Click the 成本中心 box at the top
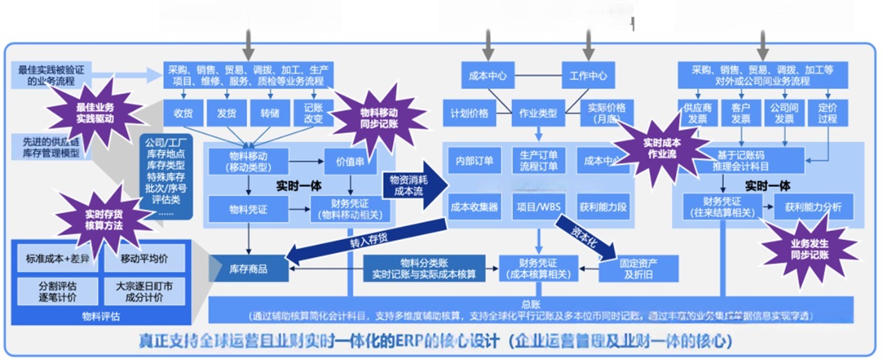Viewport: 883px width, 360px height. [488, 75]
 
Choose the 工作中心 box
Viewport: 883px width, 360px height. [587, 75]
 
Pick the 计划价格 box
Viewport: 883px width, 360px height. [470, 113]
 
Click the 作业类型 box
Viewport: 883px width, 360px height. [538, 113]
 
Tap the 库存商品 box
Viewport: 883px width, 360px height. [249, 268]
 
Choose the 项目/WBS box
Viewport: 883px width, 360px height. [539, 206]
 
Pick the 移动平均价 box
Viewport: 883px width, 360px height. [144, 259]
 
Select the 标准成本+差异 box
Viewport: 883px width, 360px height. [58, 259]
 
